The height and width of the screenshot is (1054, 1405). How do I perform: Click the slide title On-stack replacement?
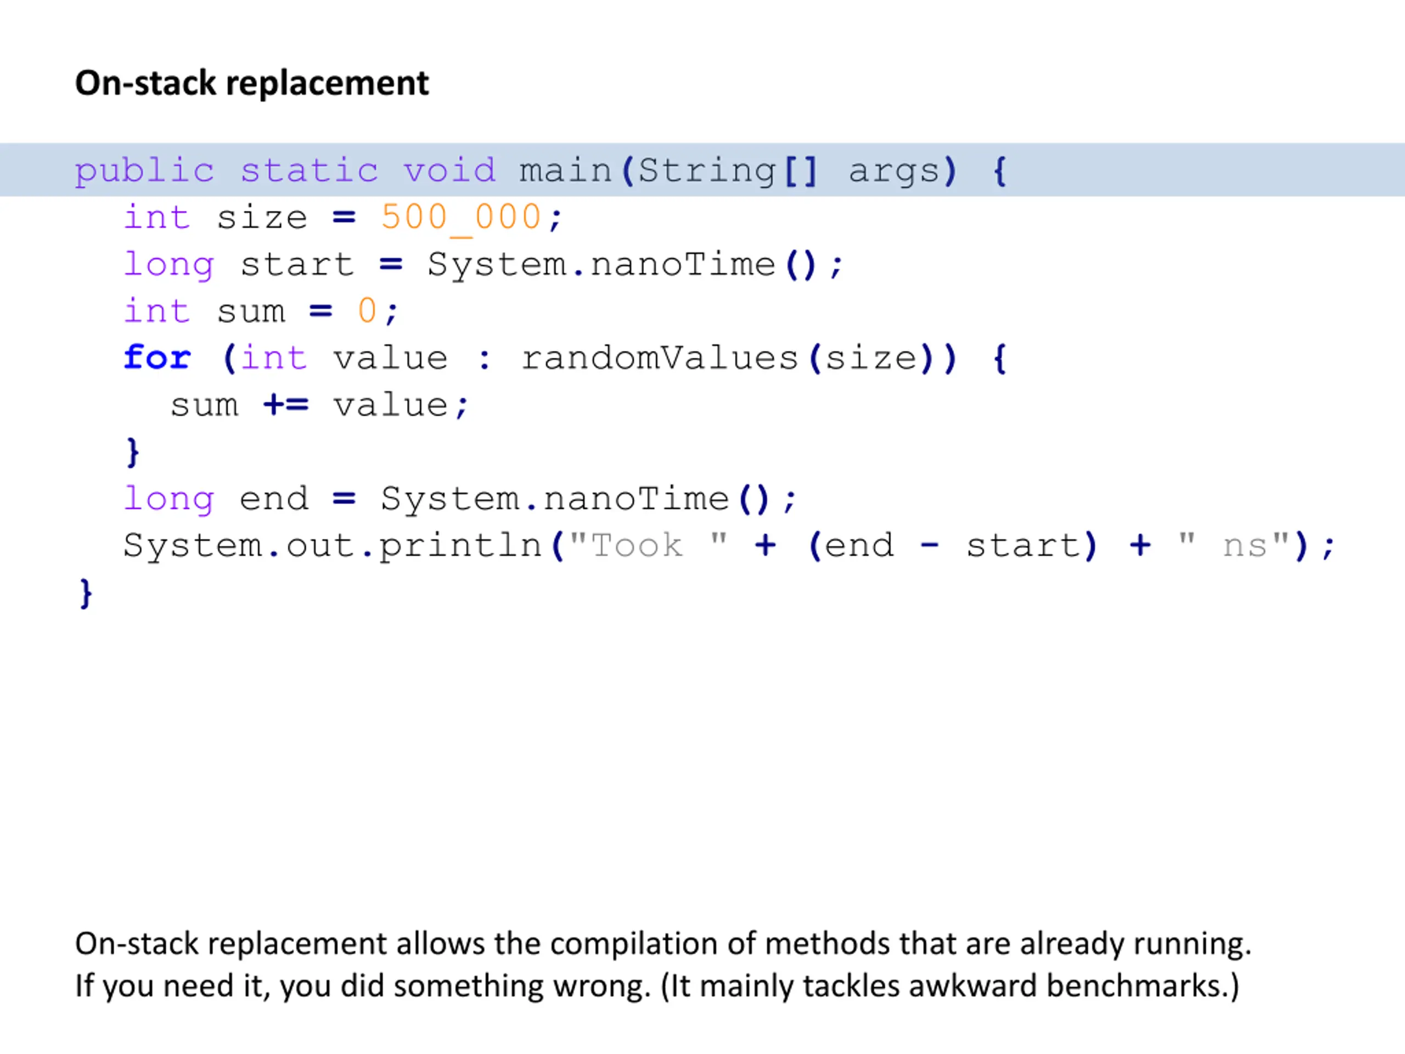[x=252, y=83]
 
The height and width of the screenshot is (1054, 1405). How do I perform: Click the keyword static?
[x=310, y=170]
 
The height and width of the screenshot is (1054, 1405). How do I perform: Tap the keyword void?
[x=449, y=170]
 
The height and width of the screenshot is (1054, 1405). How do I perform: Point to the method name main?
[x=565, y=170]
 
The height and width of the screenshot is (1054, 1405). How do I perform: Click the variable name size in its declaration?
[x=262, y=218]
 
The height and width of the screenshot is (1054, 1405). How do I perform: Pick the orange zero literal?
[x=367, y=311]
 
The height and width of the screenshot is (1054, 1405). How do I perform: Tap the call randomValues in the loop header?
[x=660, y=358]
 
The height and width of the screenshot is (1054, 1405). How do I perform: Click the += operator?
[x=286, y=405]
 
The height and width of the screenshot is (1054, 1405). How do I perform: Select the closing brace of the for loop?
[x=133, y=452]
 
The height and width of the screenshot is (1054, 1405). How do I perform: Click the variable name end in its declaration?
[x=274, y=498]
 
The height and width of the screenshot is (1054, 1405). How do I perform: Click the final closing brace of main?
[x=86, y=593]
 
